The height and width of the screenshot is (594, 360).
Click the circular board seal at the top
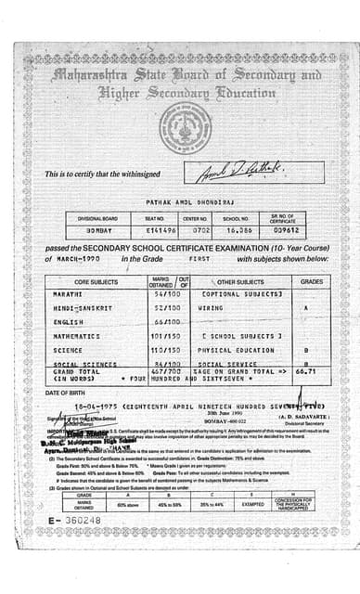point(185,128)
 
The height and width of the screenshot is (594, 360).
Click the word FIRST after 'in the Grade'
point(200,259)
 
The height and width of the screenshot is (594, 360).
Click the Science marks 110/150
point(163,350)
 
